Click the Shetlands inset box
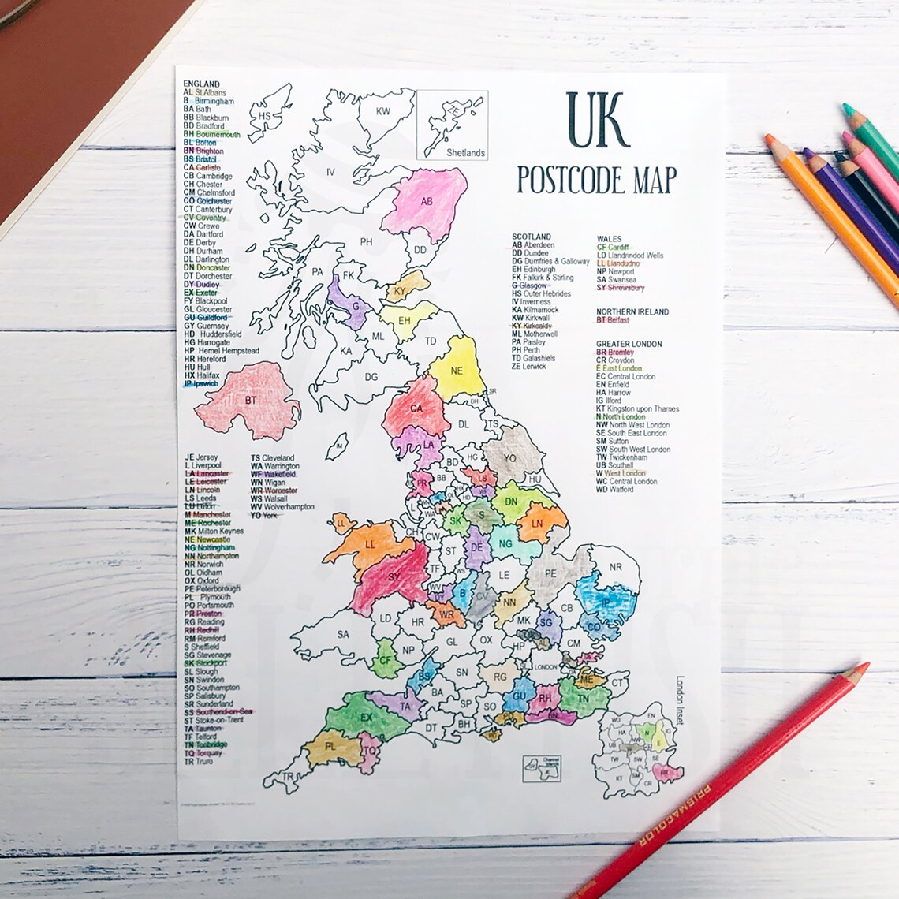click(453, 125)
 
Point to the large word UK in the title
click(597, 121)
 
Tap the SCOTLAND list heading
click(532, 237)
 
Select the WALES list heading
click(609, 239)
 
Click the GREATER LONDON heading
click(629, 344)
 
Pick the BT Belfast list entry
click(613, 321)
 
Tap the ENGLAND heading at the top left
click(201, 84)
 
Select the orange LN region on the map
click(539, 524)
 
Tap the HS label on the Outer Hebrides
click(265, 116)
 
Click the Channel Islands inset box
click(541, 768)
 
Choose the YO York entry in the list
click(264, 515)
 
